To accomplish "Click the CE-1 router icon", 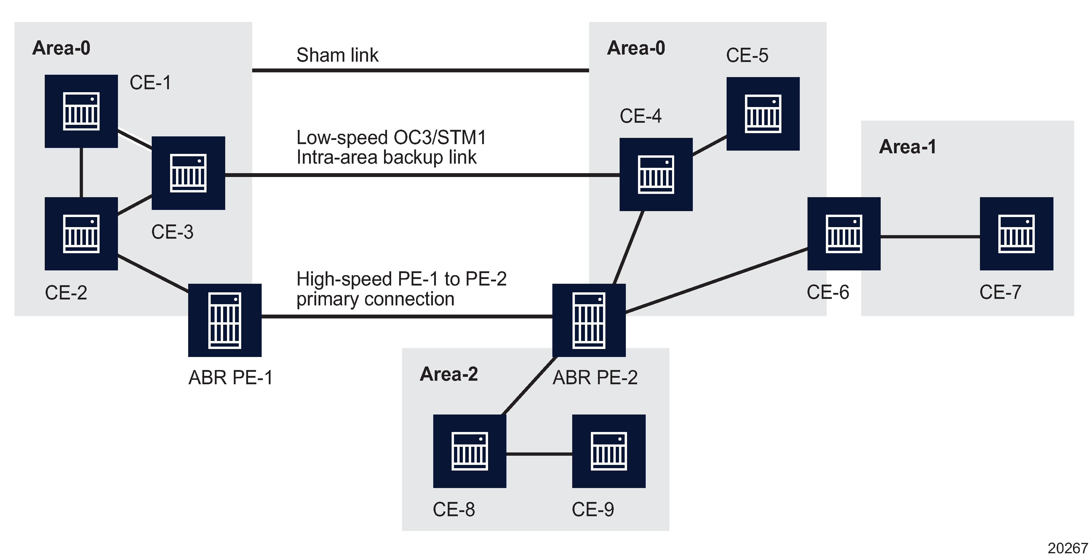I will click(x=81, y=111).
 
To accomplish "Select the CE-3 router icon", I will click(x=188, y=173).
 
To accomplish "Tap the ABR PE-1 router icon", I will click(x=225, y=320).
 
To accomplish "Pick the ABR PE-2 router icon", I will click(x=589, y=320).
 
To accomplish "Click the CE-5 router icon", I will click(x=763, y=114).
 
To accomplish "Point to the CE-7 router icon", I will click(x=1016, y=234).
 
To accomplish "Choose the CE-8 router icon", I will click(x=470, y=451).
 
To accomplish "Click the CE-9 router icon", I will click(x=609, y=451).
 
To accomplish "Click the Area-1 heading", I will click(x=907, y=147).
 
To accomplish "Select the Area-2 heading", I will click(x=449, y=374).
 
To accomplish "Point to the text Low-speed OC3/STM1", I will click(x=391, y=138).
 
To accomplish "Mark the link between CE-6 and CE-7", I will click(x=930, y=237).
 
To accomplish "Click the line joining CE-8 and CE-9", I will click(x=539, y=454).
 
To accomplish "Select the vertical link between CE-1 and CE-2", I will click(x=81, y=173).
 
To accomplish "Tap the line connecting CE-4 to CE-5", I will click(x=709, y=146).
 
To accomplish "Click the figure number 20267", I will click(x=1067, y=548).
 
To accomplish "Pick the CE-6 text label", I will click(x=827, y=292).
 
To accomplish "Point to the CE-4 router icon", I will click(x=656, y=174).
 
